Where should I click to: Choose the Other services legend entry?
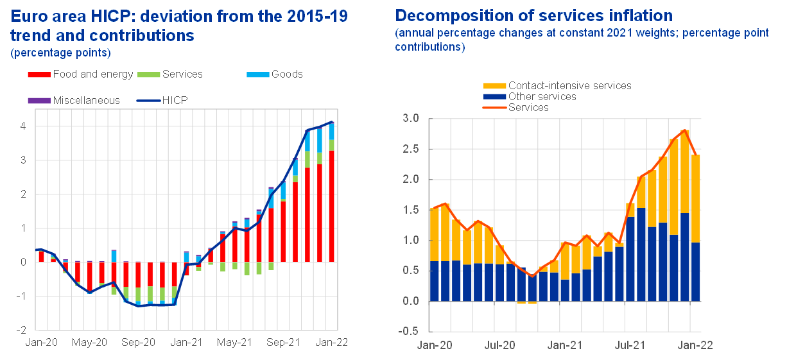tap(542, 97)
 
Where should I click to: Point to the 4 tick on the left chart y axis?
tap(22, 126)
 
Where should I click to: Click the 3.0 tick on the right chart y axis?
tap(411, 119)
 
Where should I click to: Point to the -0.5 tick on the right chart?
tap(409, 332)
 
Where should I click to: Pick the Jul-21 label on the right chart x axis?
tap(630, 345)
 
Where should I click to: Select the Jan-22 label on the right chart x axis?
tap(696, 345)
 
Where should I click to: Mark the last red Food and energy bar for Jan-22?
tap(331, 206)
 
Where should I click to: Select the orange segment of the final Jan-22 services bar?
tap(695, 198)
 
